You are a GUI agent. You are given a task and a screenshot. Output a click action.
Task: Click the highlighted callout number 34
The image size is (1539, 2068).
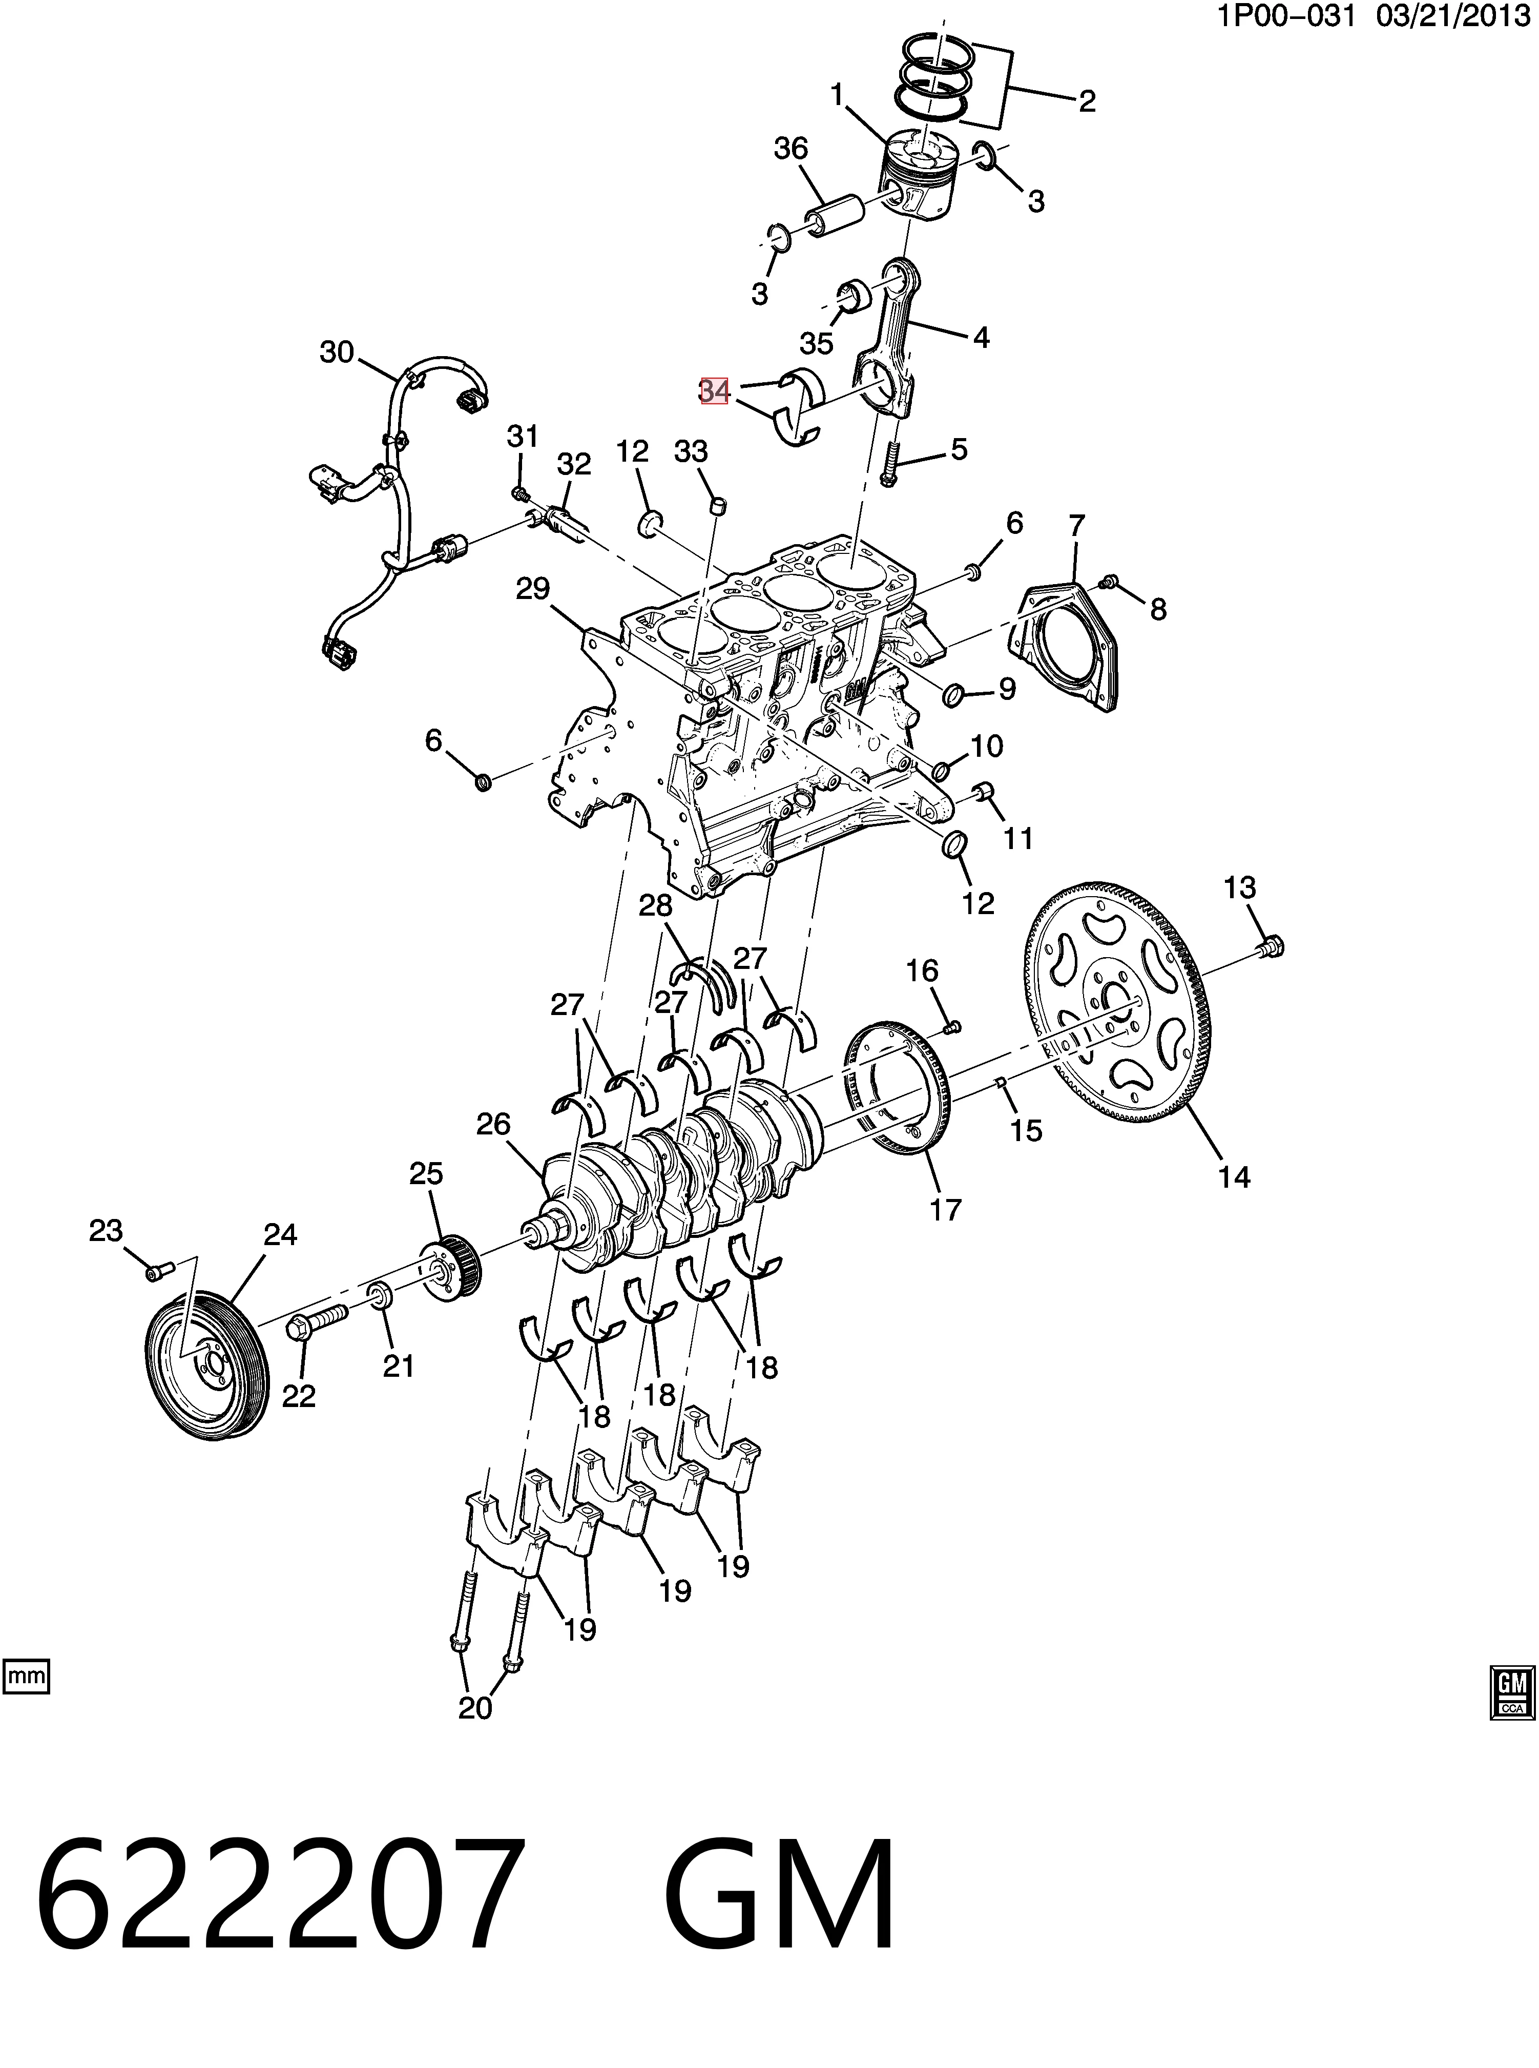714,391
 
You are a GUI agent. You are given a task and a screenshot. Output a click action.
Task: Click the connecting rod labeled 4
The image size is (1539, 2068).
890,345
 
